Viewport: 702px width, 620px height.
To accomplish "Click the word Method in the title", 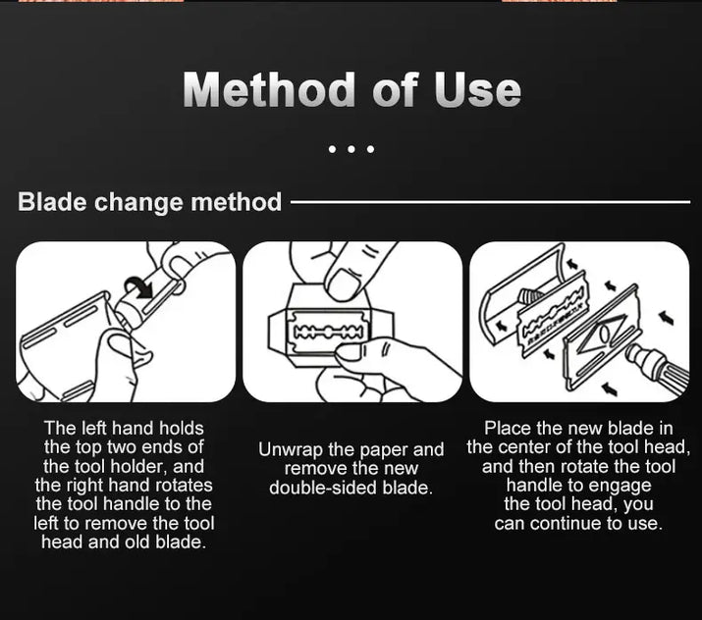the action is click(x=269, y=89).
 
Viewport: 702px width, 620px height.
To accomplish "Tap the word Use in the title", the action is click(x=477, y=89).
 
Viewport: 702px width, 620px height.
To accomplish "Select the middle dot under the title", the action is click(x=351, y=149).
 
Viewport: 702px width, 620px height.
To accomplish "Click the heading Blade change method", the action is click(x=149, y=202).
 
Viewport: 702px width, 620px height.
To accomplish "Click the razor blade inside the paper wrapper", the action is click(x=326, y=332).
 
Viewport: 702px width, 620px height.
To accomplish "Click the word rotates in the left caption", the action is click(x=184, y=486).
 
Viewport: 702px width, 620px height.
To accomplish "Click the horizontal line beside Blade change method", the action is click(x=490, y=202).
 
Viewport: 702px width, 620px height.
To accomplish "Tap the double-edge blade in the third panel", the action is click(x=552, y=315).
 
